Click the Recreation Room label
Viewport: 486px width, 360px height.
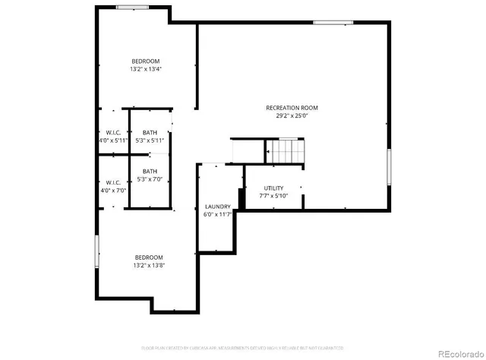coord(292,108)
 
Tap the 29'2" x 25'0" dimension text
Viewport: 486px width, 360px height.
coord(292,116)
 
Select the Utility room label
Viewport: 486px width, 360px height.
coord(273,188)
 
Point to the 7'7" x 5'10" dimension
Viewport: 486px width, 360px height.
coord(273,196)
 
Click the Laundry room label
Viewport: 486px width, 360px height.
coord(218,207)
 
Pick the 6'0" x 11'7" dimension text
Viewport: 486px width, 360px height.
coord(218,215)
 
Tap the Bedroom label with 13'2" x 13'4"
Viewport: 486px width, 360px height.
coord(146,61)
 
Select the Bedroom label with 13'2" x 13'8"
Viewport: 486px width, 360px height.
coord(149,257)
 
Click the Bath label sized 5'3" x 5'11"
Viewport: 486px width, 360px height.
coord(150,132)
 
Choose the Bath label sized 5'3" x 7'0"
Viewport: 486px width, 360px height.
coord(150,171)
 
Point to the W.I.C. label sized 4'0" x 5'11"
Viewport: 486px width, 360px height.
coord(113,132)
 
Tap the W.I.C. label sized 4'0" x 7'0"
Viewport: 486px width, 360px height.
coord(113,182)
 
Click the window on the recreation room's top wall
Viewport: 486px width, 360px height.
coord(328,22)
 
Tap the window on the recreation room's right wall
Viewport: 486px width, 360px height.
coord(390,167)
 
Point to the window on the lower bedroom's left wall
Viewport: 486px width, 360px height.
coord(96,252)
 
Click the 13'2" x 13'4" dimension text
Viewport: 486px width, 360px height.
coord(146,69)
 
